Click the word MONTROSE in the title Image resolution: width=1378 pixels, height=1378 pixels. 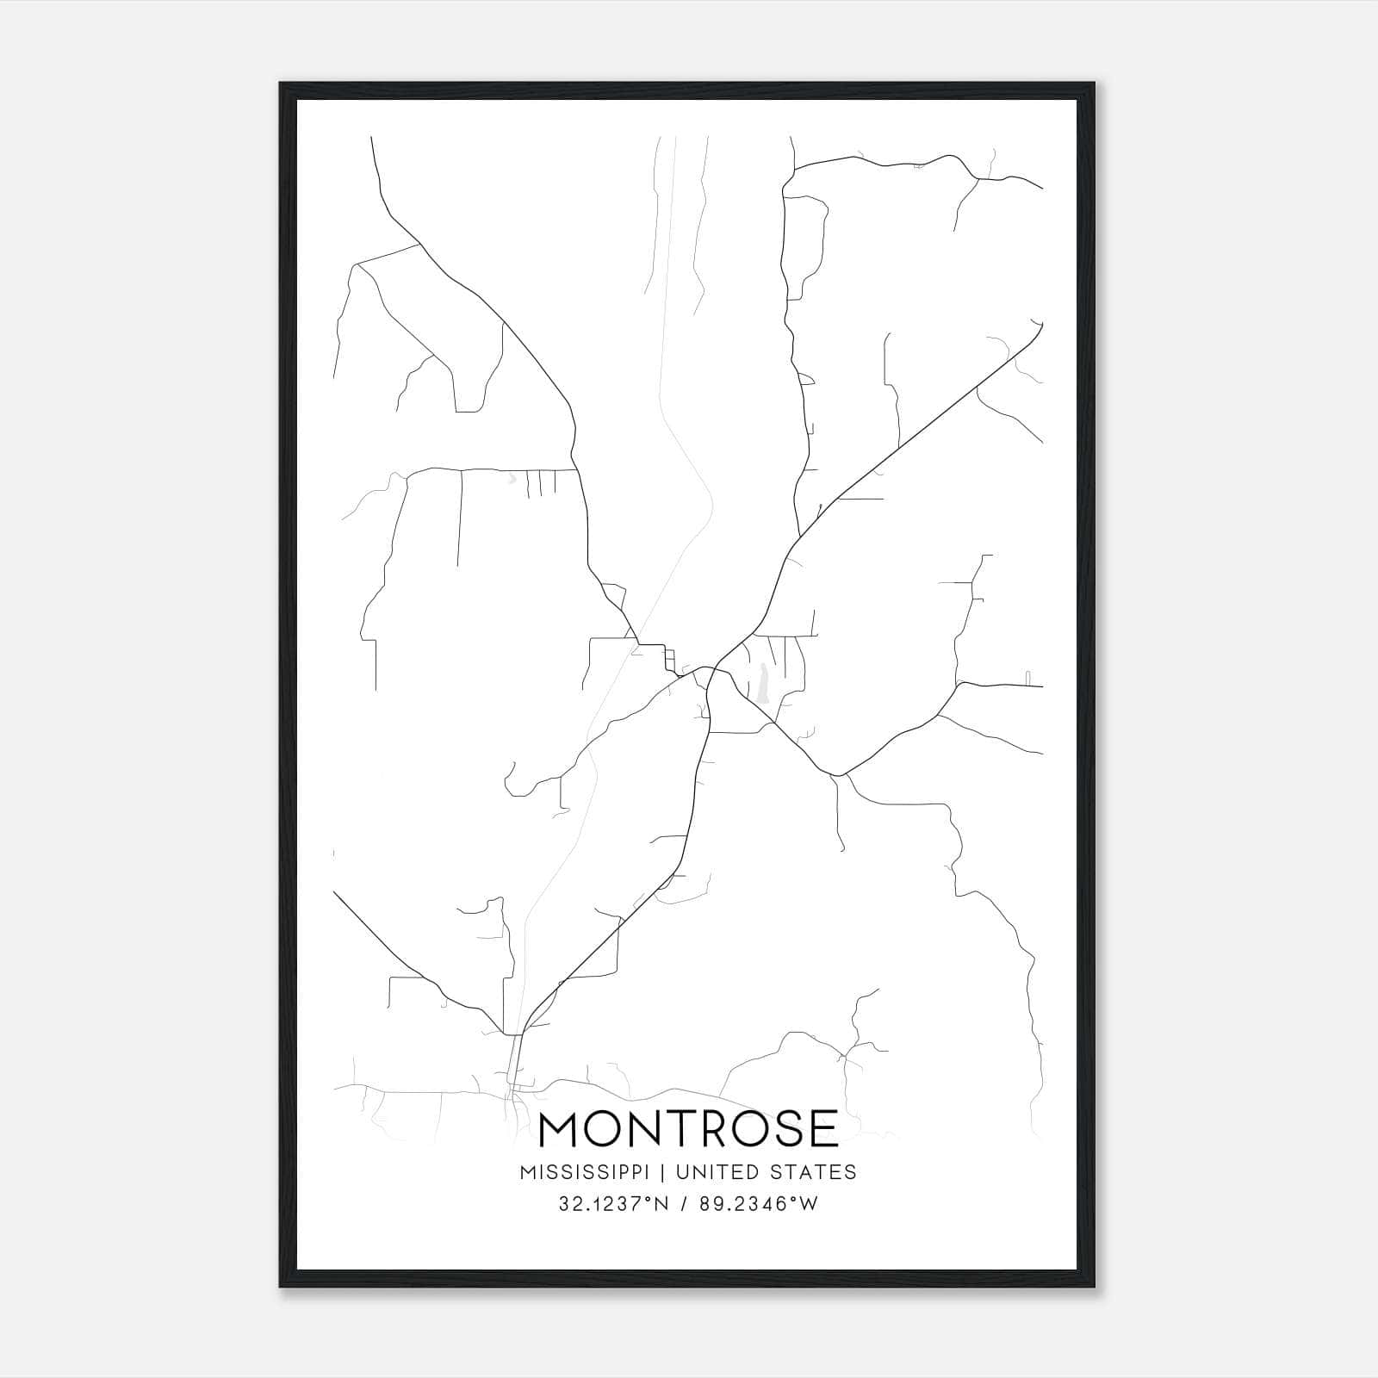tap(688, 1129)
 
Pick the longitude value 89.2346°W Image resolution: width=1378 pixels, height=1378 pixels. tap(759, 1204)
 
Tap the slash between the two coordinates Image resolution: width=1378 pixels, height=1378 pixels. tap(682, 1204)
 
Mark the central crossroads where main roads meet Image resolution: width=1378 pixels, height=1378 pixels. tap(710, 669)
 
